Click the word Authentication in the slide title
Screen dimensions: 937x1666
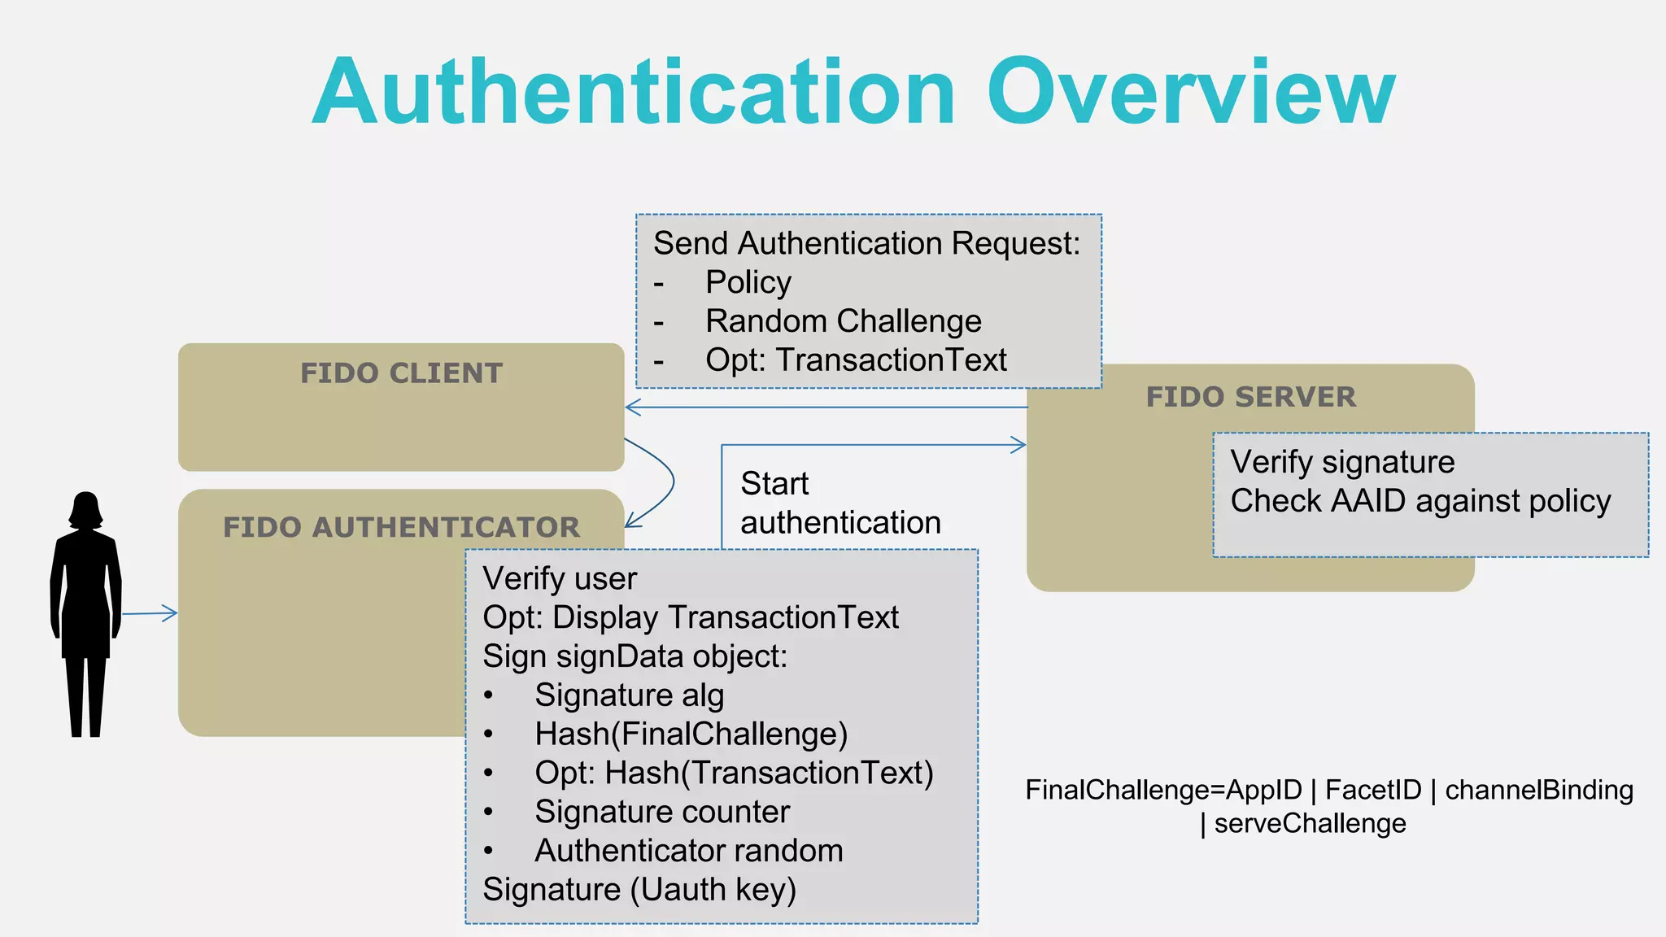tap(633, 92)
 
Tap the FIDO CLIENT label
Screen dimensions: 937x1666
tap(401, 373)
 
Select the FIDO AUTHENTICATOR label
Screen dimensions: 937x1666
tap(401, 527)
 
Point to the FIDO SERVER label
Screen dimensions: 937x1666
tap(1250, 397)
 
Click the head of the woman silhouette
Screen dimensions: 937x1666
tap(85, 510)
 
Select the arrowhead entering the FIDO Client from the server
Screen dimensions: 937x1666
tap(632, 407)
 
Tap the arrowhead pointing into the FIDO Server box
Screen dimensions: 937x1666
tap(1019, 445)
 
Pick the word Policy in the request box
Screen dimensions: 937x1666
tap(748, 282)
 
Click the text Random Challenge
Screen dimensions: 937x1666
tap(843, 321)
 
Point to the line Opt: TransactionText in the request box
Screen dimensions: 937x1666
tap(855, 360)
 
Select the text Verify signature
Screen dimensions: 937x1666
tap(1341, 462)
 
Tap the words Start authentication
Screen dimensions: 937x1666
tap(839, 503)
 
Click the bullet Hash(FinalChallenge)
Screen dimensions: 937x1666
tap(691, 734)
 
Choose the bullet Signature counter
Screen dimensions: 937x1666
tap(661, 812)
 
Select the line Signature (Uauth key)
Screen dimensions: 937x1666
tap(639, 890)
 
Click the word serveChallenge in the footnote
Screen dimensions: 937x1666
tap(1309, 824)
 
